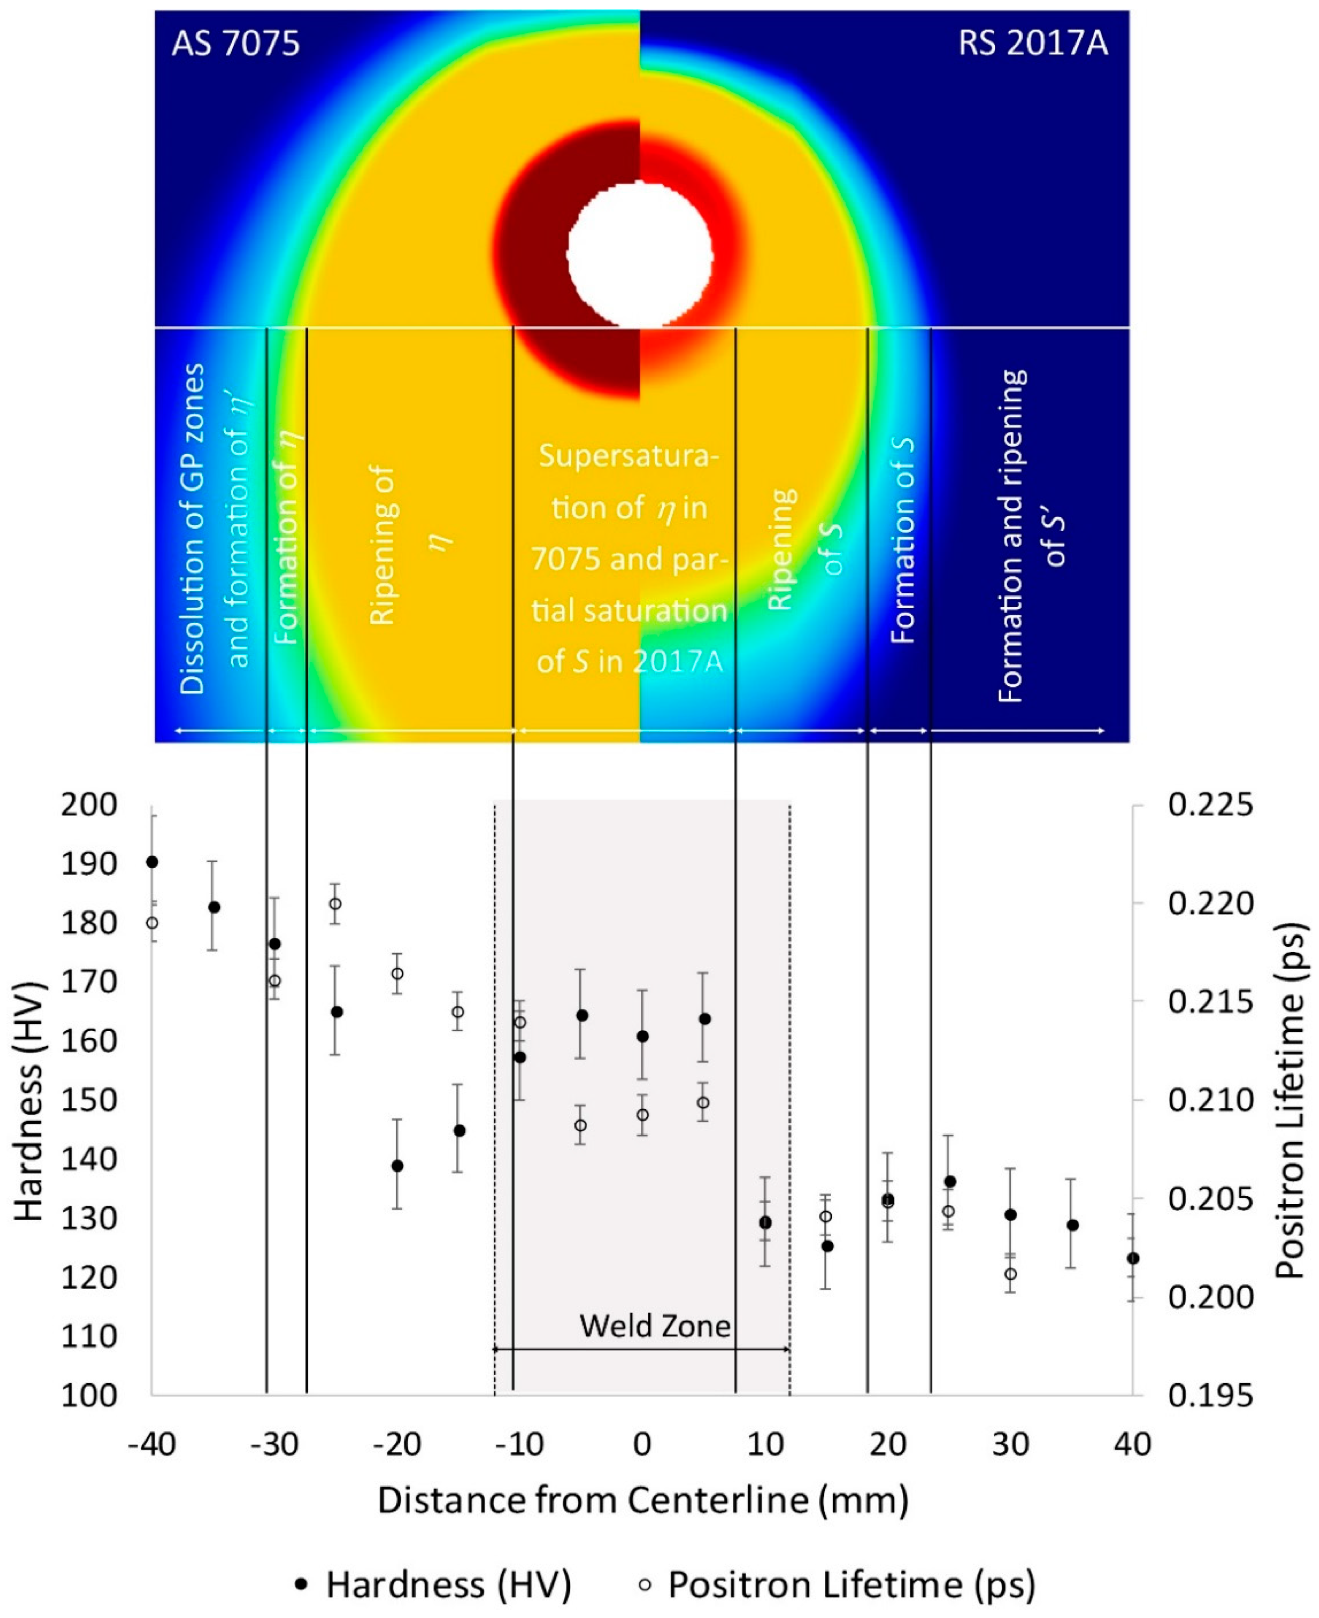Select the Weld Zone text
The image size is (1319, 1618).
click(x=655, y=1326)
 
